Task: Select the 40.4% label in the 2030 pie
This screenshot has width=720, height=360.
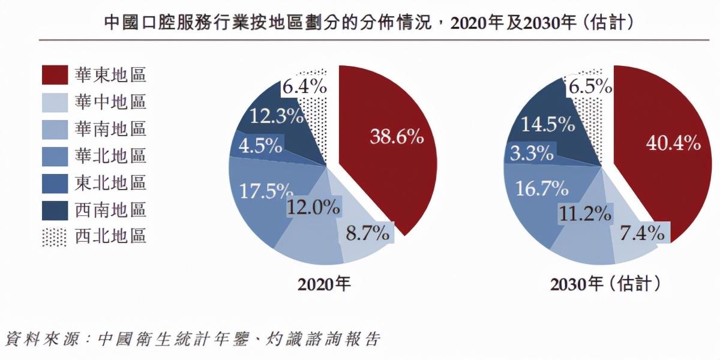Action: tap(673, 143)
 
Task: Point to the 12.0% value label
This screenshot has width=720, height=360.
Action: tap(313, 208)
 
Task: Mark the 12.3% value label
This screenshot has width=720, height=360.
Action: tap(277, 116)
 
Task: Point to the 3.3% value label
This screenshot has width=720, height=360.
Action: tap(532, 153)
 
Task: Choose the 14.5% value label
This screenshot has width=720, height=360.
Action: tap(548, 124)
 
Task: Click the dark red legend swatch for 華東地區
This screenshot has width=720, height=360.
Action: tap(55, 75)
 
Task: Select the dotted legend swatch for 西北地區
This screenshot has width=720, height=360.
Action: tap(55, 236)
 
